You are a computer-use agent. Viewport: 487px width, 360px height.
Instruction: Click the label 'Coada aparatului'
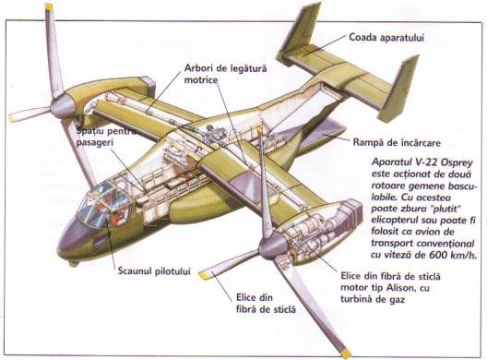coord(386,38)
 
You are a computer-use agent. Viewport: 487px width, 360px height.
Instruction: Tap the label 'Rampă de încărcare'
coord(397,143)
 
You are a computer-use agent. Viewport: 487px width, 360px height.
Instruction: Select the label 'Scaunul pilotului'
coord(154,271)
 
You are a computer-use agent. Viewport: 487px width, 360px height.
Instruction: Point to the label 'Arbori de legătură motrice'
coord(225,74)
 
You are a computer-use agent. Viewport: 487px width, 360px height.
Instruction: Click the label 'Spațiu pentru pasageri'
coord(106,137)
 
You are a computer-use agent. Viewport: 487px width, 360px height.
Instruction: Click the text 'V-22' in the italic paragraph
coord(427,162)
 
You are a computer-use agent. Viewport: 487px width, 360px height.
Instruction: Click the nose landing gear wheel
coord(74,264)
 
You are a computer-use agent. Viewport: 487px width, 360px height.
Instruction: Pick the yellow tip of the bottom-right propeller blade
coord(346,354)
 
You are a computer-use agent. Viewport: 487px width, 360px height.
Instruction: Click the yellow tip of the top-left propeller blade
coord(49,6)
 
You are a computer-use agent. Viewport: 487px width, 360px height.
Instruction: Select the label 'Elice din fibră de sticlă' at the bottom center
coord(266,304)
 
